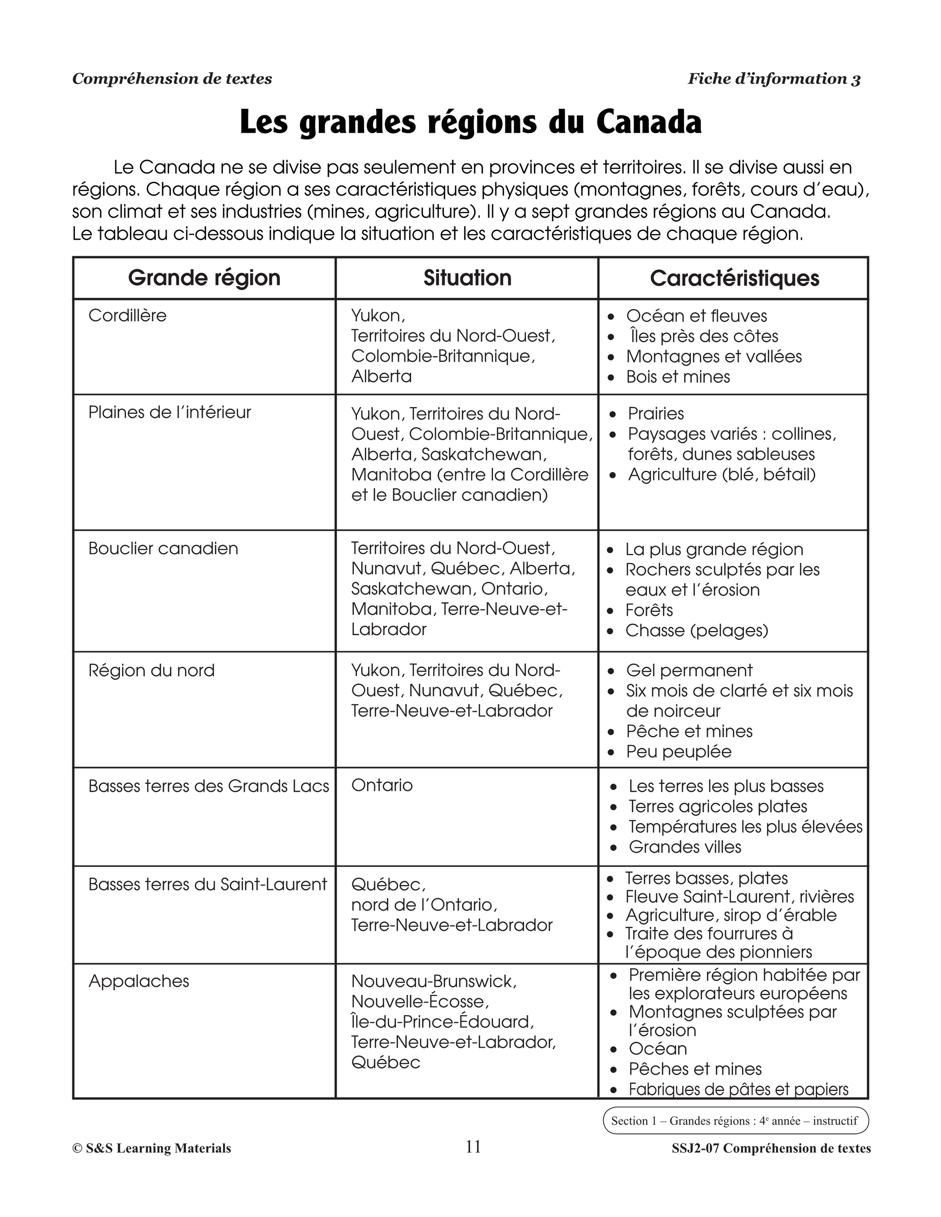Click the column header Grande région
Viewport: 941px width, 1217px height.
[x=204, y=278]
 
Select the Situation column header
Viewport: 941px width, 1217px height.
[x=467, y=278]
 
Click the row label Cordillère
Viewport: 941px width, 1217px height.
[x=128, y=316]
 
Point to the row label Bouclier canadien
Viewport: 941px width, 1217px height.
[x=163, y=548]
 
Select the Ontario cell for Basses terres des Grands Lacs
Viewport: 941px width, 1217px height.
[x=382, y=785]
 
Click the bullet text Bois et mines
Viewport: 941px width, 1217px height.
[x=678, y=377]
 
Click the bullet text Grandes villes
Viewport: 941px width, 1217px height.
[x=685, y=847]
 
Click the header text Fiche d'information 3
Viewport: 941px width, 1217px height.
[x=774, y=79]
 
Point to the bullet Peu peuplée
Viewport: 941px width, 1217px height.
[x=679, y=751]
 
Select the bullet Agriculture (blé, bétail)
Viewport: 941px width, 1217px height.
[x=721, y=474]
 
